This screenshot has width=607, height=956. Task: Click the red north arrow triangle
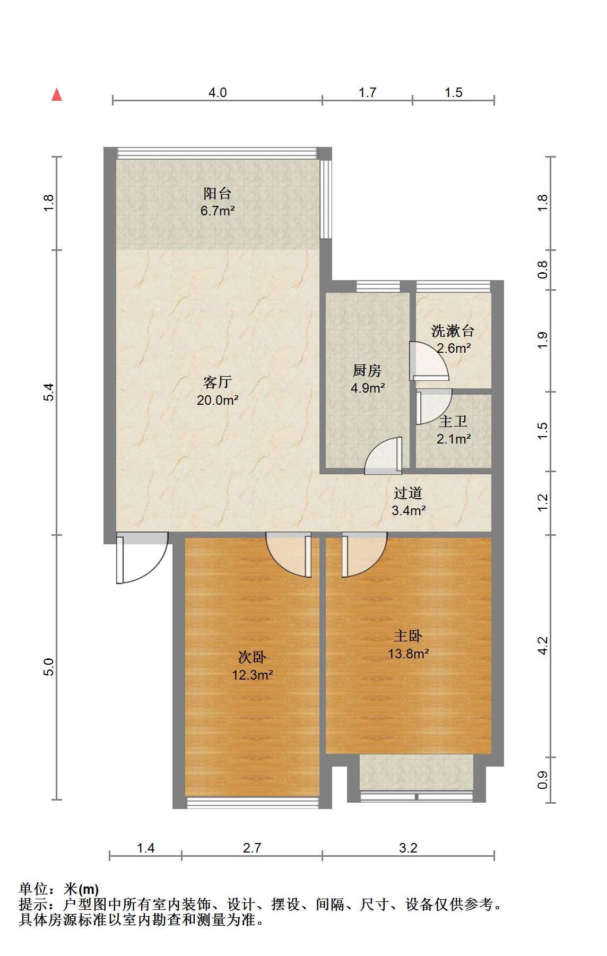pos(57,95)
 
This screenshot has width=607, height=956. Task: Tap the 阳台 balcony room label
pos(218,193)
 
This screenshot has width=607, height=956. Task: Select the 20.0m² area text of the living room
pos(218,400)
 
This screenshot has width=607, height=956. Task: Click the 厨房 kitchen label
pos(367,370)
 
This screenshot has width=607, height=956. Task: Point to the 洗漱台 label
pos(453,332)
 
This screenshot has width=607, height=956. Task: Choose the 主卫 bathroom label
pos(453,422)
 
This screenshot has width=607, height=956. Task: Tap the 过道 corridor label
pos(408,493)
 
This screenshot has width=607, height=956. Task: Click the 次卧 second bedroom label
pos(252,657)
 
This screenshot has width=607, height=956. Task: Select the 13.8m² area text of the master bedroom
pos(409,654)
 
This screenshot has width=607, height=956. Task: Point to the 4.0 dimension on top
pos(218,92)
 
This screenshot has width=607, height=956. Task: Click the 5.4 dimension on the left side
pos(49,392)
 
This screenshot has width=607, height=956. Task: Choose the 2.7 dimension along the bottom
pos(252,848)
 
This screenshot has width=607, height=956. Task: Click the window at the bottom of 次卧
pos(253,802)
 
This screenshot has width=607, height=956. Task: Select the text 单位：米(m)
pos(59,889)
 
